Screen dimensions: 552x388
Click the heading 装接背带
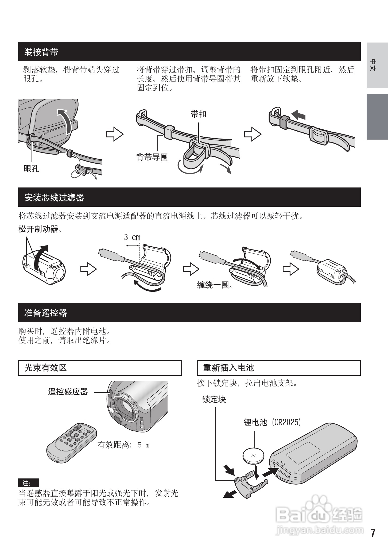tap(41, 52)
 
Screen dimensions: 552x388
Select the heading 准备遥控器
tap(46, 313)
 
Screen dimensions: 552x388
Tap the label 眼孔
tap(31, 169)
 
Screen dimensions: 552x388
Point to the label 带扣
tap(199, 114)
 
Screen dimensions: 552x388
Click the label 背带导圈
tap(152, 157)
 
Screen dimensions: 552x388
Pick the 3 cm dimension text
tap(132, 237)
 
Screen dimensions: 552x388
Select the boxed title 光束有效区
tap(46, 368)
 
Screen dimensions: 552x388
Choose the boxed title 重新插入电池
tap(228, 368)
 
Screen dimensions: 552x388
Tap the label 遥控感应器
tap(68, 392)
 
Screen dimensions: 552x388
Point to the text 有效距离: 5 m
tap(123, 445)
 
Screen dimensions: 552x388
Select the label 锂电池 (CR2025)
tap(272, 422)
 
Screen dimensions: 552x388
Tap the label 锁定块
tap(214, 400)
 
